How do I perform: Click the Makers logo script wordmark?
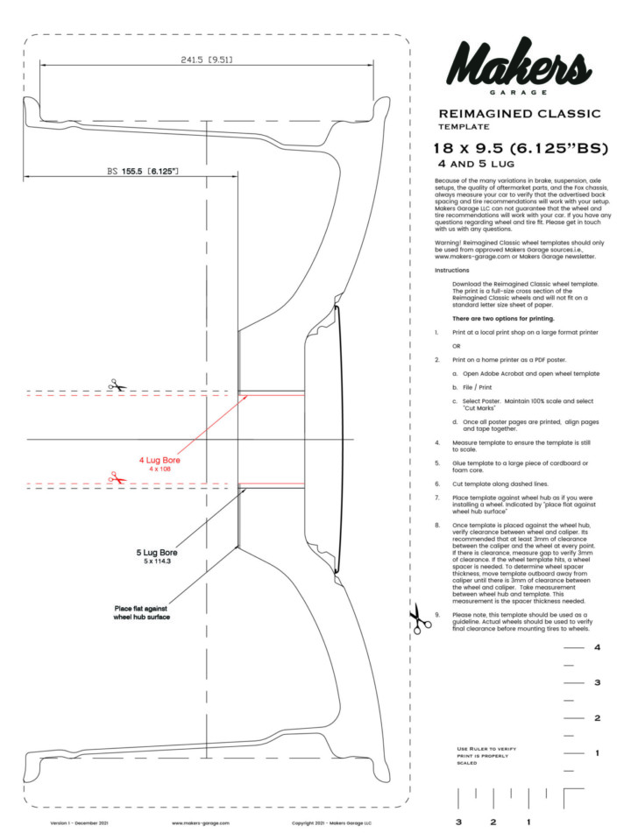[x=519, y=63]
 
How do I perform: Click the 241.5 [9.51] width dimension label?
[x=207, y=60]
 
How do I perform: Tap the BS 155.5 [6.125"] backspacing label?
[x=143, y=172]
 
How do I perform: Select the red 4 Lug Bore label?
[x=160, y=460]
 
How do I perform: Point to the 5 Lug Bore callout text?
[x=157, y=553]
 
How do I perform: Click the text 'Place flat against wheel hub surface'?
[x=141, y=612]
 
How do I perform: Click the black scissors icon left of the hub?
[x=117, y=385]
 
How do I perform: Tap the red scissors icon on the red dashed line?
[x=117, y=477]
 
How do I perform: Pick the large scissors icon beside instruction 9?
[x=420, y=618]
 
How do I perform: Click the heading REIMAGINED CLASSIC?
[x=520, y=114]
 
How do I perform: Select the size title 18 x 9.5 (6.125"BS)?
[x=521, y=148]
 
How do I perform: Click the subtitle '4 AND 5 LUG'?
[x=476, y=164]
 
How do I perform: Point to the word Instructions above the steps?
[x=452, y=270]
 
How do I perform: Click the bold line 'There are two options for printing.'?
[x=503, y=318]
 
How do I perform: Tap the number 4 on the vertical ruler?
[x=597, y=647]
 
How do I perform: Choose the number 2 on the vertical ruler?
[x=597, y=718]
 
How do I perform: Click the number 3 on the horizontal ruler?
[x=458, y=822]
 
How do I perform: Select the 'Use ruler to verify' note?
[x=486, y=755]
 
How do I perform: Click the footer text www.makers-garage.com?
[x=201, y=822]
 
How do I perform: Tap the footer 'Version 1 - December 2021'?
[x=79, y=822]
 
